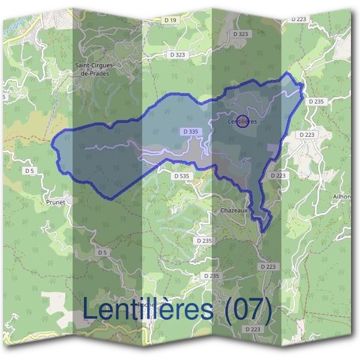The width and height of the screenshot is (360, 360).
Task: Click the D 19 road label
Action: pyautogui.click(x=171, y=20)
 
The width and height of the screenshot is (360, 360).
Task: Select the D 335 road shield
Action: pyautogui.click(x=190, y=131)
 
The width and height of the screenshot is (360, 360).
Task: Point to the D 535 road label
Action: pyautogui.click(x=181, y=176)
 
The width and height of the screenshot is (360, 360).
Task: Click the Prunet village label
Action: pyautogui.click(x=55, y=202)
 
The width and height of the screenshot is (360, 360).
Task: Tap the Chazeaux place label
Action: pyautogui.click(x=232, y=211)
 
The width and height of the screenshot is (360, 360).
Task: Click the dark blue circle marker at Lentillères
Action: pyautogui.click(x=242, y=121)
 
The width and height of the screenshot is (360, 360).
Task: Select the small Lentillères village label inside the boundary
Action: pyautogui.click(x=244, y=121)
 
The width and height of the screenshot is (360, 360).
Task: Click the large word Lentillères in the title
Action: pyautogui.click(x=148, y=310)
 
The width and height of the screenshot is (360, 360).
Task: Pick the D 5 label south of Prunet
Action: pyautogui.click(x=103, y=253)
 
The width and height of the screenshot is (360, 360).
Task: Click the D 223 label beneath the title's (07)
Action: pyautogui.click(x=253, y=329)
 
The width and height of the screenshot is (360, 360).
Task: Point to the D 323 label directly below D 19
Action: pyautogui.click(x=178, y=54)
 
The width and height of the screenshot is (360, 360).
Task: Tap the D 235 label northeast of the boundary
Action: pyautogui.click(x=316, y=101)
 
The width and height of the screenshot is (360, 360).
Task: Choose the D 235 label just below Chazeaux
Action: pyautogui.click(x=205, y=240)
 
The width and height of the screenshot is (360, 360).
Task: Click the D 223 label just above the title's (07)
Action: pyautogui.click(x=269, y=266)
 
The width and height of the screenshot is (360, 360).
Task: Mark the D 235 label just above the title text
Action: pyautogui.click(x=211, y=275)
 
